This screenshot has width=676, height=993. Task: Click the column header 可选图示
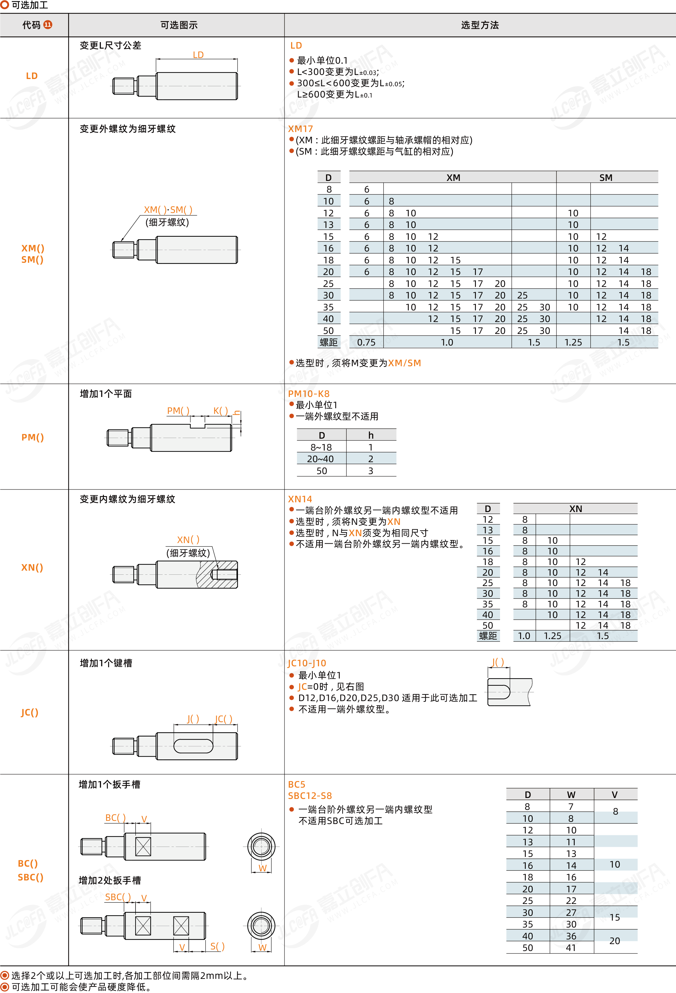(x=179, y=25)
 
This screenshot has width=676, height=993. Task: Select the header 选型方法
(x=480, y=25)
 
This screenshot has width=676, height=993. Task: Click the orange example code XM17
(x=300, y=129)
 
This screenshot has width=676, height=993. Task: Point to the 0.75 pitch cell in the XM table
(x=366, y=342)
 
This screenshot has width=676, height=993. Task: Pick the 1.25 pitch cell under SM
(x=573, y=342)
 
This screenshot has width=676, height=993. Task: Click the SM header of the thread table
(x=606, y=178)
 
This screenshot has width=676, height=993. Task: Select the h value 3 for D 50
(x=371, y=471)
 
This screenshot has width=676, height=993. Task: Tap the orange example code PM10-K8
(x=309, y=394)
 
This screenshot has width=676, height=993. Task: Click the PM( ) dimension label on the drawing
(x=178, y=411)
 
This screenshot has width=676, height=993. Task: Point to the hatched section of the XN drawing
(x=217, y=575)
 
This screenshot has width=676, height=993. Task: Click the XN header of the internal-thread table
(x=576, y=509)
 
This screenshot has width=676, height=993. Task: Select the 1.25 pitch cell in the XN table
(x=552, y=636)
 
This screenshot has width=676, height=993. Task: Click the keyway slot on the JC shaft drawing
(x=193, y=746)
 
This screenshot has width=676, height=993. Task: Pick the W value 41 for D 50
(x=571, y=948)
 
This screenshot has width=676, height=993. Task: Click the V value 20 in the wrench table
(x=615, y=941)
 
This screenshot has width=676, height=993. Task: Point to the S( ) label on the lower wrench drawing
(x=217, y=946)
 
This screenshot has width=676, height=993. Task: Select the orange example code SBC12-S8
(x=310, y=795)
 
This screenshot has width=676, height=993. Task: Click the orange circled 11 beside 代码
(x=48, y=25)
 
